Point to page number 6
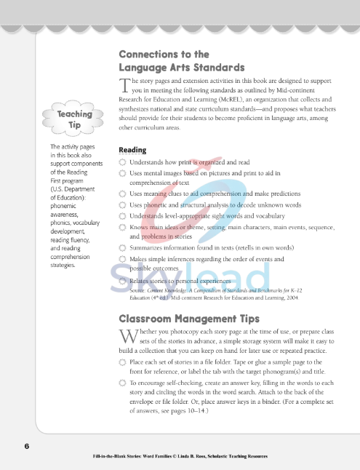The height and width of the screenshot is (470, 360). pos(26,446)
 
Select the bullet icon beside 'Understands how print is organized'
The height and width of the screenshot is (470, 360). pos(122,163)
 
